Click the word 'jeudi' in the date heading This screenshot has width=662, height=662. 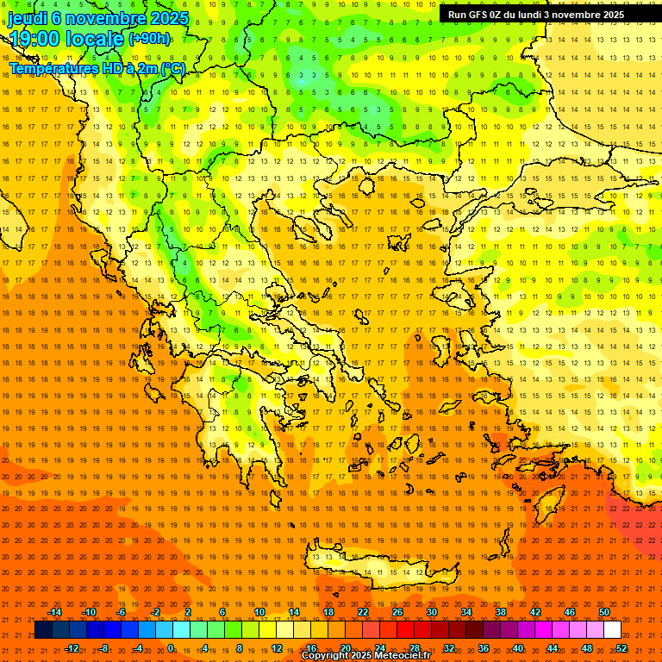point(28,17)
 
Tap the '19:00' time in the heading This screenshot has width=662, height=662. point(34,38)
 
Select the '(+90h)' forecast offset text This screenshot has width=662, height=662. point(149,39)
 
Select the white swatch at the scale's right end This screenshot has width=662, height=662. point(612,630)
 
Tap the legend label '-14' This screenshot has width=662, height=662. point(54,612)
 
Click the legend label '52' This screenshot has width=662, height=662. point(621,648)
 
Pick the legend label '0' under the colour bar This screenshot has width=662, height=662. point(171,648)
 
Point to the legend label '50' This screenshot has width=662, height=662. point(604,612)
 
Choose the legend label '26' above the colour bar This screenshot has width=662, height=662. point(397,612)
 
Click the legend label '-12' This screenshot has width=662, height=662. point(72,648)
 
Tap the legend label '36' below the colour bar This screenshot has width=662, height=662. point(484,648)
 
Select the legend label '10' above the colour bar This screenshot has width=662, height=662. point(259,612)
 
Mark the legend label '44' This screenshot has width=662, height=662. point(553,648)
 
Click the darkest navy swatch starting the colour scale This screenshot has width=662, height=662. point(43,630)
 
